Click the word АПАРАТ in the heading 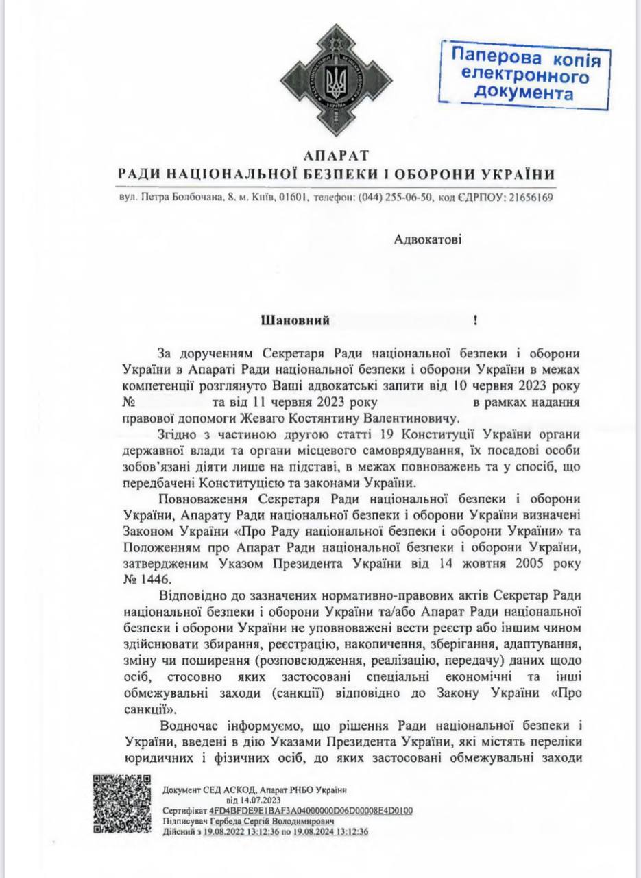(335, 154)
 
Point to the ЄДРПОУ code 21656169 (527, 198)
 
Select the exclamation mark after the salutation (475, 320)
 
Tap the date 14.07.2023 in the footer (254, 800)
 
